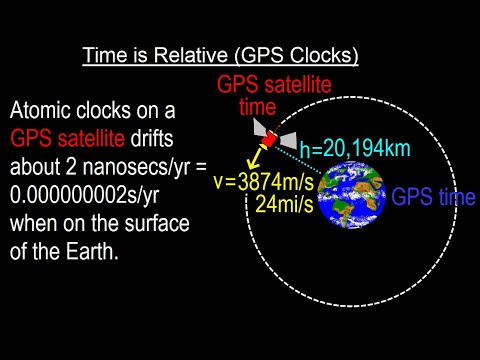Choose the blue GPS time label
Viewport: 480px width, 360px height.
tap(433, 198)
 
